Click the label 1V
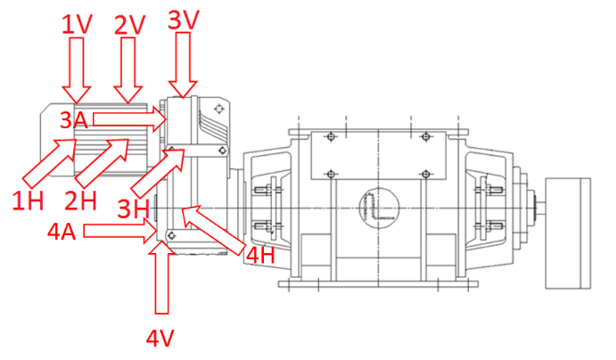77,23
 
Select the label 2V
130,23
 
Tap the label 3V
184,18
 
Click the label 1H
28,200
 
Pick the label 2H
82,200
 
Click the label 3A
75,118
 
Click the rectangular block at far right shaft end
567,232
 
